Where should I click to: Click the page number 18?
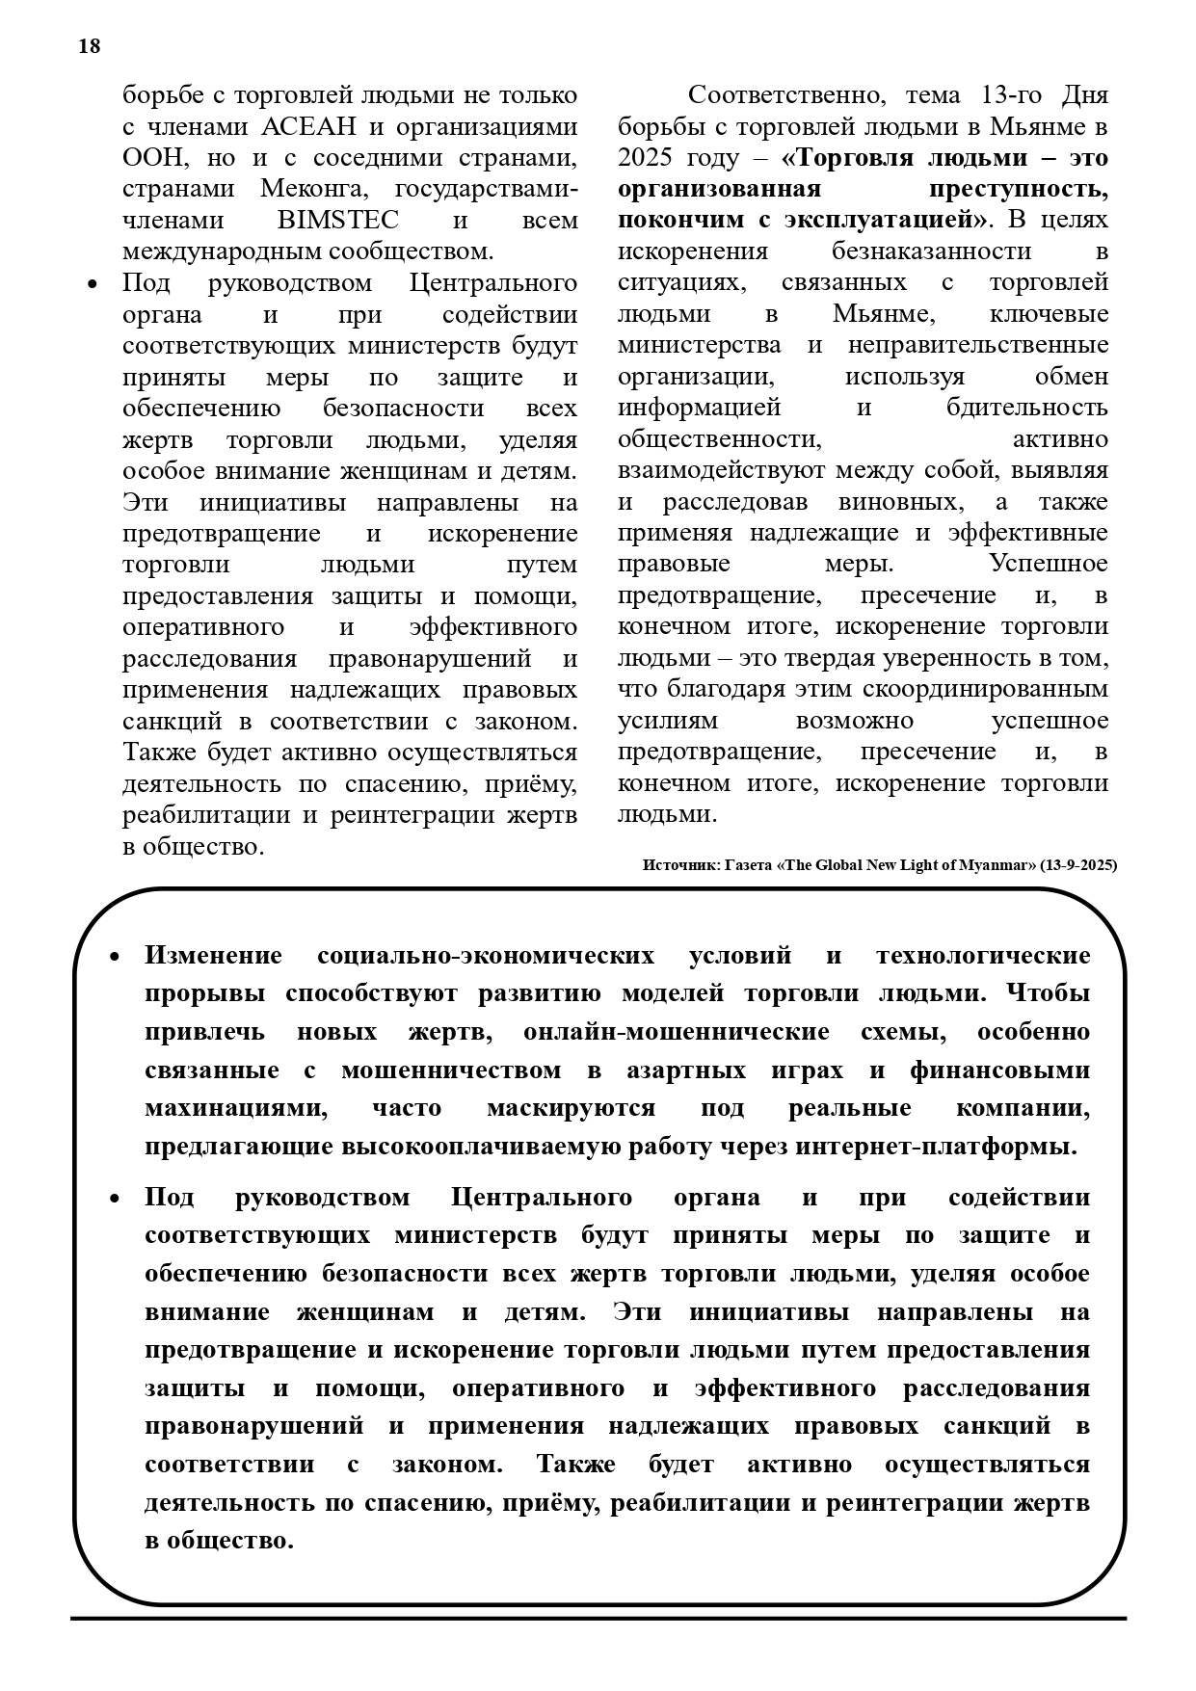tap(89, 46)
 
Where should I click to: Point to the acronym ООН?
tap(150, 157)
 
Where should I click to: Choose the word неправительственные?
tap(978, 345)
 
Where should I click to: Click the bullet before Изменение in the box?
tap(115, 957)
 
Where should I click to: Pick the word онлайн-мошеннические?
tap(677, 1032)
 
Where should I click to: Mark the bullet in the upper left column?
tap(93, 284)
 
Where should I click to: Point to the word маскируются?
tap(571, 1108)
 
